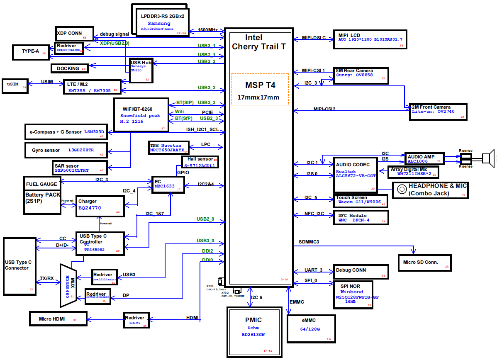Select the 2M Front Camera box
pos(437,112)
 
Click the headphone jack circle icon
pos(401,189)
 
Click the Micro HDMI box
pos(58,319)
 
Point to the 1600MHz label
pos(207,30)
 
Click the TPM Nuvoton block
pos(166,148)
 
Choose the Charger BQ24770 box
pos(100,206)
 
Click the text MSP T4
pos(260,85)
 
